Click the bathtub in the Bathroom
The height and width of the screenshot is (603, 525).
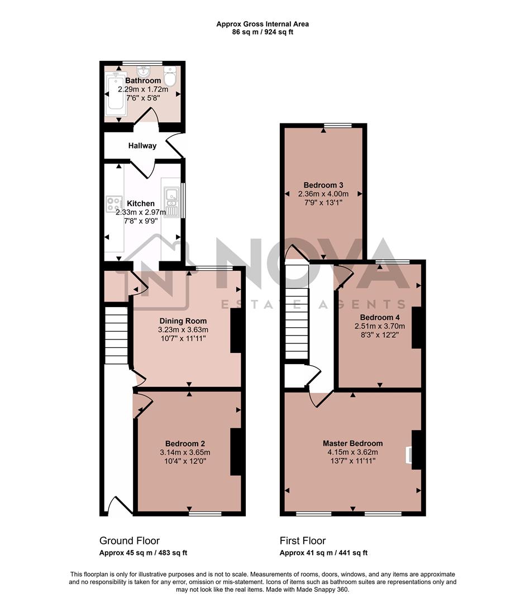tap(116, 91)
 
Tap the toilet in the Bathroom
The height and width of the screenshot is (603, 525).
tap(170, 76)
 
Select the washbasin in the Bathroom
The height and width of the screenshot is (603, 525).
tap(144, 71)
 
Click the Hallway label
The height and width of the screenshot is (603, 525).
tap(142, 146)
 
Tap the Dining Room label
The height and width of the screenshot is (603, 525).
tap(183, 321)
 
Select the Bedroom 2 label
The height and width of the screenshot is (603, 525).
tap(183, 443)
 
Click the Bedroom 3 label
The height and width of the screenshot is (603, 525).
tap(323, 185)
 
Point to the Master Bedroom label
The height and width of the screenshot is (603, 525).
tap(352, 443)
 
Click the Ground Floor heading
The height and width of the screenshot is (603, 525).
tap(129, 540)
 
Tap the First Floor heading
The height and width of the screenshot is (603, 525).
tap(303, 540)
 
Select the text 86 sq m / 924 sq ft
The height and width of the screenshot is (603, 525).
tap(262, 32)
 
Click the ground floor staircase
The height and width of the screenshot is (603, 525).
tap(117, 334)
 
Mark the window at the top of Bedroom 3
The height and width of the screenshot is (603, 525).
tap(339, 125)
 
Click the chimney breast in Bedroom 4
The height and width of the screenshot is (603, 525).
tap(416, 327)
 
